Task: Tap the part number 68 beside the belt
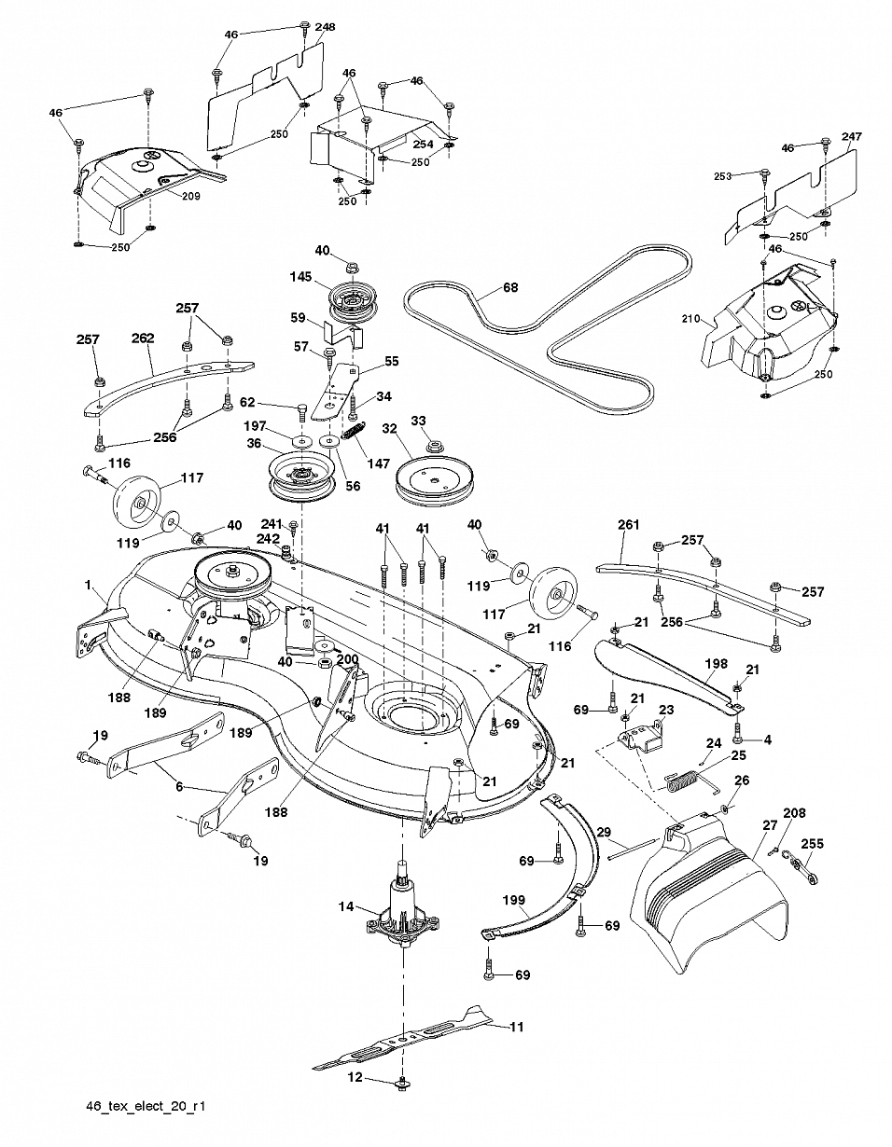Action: coord(510,287)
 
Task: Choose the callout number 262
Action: coord(143,338)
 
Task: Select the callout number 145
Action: coord(300,277)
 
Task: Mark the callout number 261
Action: coord(628,525)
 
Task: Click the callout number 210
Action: coord(690,319)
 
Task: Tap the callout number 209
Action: coord(190,197)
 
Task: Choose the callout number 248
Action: coord(325,27)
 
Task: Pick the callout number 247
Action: coord(852,137)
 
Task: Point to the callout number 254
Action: coord(423,145)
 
